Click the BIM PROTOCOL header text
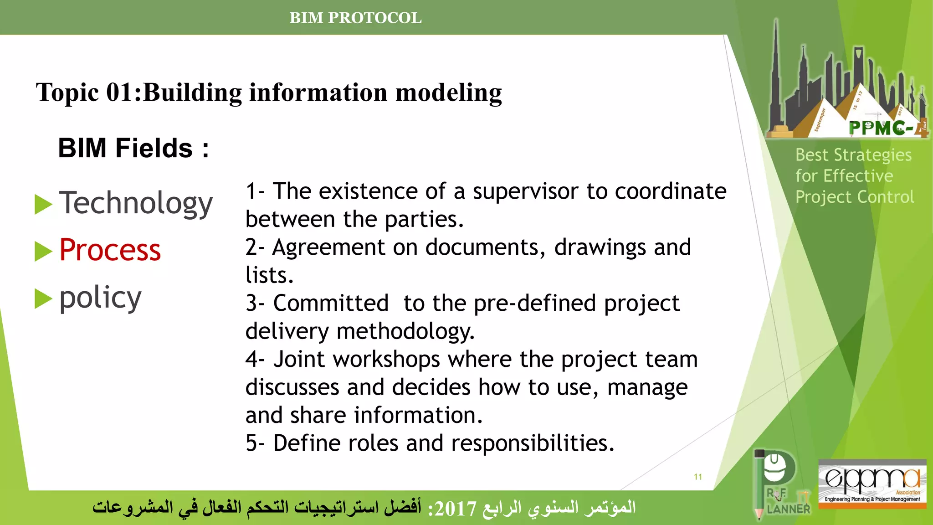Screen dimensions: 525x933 (355, 18)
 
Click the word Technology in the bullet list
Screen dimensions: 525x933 (136, 203)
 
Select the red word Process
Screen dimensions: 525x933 (110, 250)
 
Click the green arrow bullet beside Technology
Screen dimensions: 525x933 (43, 204)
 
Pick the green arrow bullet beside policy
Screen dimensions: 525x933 (43, 299)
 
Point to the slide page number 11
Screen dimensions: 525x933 (697, 477)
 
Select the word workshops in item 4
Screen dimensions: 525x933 (386, 359)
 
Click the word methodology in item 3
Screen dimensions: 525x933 (405, 331)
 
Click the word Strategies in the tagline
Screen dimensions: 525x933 (872, 155)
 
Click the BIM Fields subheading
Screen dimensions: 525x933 (133, 148)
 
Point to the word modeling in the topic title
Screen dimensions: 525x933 (448, 93)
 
